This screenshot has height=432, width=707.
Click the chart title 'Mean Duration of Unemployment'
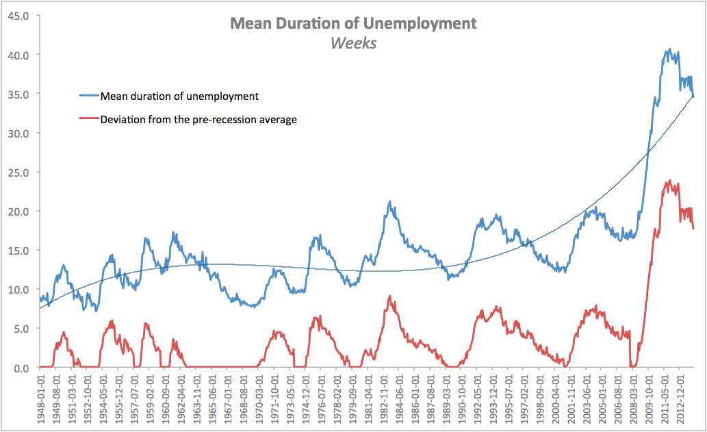tap(353, 23)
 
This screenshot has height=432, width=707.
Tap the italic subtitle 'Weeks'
tap(353, 42)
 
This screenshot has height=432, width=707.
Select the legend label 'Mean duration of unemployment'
tap(179, 96)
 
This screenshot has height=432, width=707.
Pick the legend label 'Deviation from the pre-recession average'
tap(198, 120)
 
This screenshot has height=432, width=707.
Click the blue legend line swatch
tap(89, 96)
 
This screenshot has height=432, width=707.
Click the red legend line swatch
tap(89, 120)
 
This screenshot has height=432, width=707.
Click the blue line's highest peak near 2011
tap(669, 49)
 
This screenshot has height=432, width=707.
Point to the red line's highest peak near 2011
tap(669, 181)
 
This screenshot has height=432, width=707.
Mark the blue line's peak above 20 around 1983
tap(389, 202)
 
